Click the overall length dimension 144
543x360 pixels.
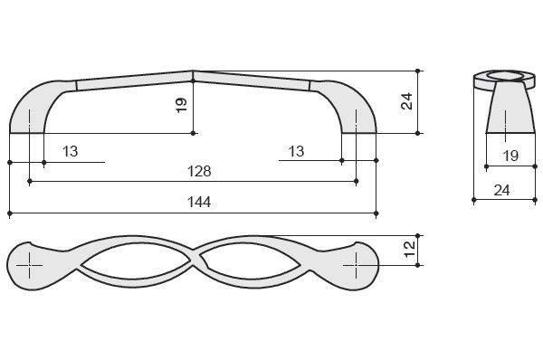pos(199,202)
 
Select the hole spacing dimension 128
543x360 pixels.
pos(199,171)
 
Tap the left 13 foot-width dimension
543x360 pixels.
pos(71,151)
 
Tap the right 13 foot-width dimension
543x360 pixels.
pos(297,151)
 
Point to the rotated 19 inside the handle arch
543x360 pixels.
pos(182,105)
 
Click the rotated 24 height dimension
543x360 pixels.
pos(407,101)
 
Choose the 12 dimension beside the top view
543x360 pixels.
pos(409,250)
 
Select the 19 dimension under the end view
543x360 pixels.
pos(510,156)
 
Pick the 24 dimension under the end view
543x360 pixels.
pos(501,190)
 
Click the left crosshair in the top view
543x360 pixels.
pos(30,266)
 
